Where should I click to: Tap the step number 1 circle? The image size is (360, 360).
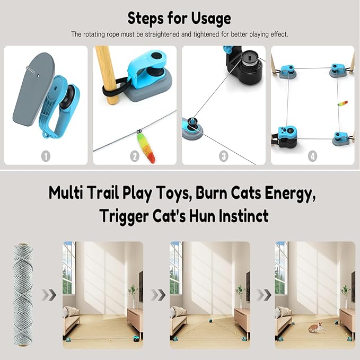coord(46,156)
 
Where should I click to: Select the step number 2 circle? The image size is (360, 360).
coord(135,156)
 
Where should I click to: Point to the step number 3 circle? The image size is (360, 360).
coord(224,156)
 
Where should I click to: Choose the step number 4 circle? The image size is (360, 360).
coord(312,156)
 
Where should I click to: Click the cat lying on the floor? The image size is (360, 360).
coord(317,327)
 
